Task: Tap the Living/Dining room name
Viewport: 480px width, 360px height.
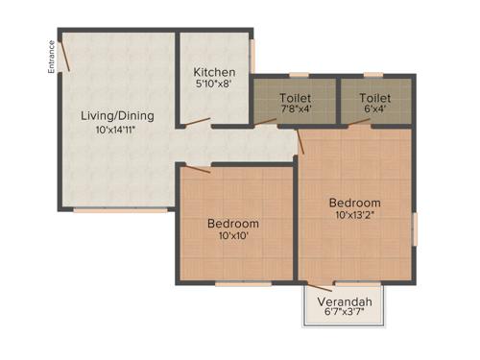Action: point(117,116)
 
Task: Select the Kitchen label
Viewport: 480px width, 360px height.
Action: point(215,73)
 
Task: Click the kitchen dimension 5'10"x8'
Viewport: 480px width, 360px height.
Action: point(215,85)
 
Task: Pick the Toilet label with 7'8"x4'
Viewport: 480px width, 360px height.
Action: point(295,98)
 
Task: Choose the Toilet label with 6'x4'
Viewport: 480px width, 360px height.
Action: point(375,98)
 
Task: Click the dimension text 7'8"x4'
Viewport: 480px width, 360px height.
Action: point(295,109)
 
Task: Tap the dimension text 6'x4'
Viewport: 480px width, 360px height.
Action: point(375,109)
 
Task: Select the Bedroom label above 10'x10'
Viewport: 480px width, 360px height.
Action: point(233,224)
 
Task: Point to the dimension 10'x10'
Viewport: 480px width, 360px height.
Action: point(233,236)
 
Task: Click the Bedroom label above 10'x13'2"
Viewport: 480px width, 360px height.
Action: point(355,203)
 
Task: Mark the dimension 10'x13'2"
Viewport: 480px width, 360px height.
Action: point(355,215)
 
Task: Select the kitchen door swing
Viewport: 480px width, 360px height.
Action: point(198,121)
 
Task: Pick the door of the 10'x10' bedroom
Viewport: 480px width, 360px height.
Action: point(198,169)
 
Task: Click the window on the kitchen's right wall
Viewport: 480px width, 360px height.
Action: point(252,56)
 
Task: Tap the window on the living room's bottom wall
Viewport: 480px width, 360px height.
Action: point(115,210)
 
